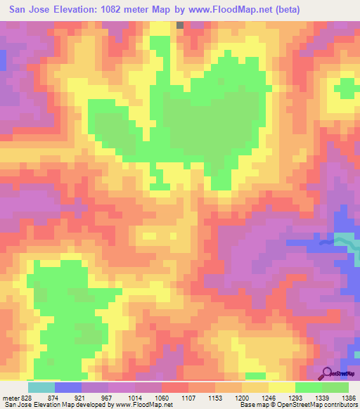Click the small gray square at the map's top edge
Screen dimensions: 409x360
[180, 25]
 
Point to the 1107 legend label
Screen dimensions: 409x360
[188, 397]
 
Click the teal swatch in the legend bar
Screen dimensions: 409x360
[41, 387]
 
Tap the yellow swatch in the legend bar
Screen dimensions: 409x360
[281, 387]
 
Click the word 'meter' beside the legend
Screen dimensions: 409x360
[10, 397]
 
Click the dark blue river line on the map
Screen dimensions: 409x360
[326, 242]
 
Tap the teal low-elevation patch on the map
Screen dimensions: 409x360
[343, 240]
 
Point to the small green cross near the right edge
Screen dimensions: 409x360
[346, 89]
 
